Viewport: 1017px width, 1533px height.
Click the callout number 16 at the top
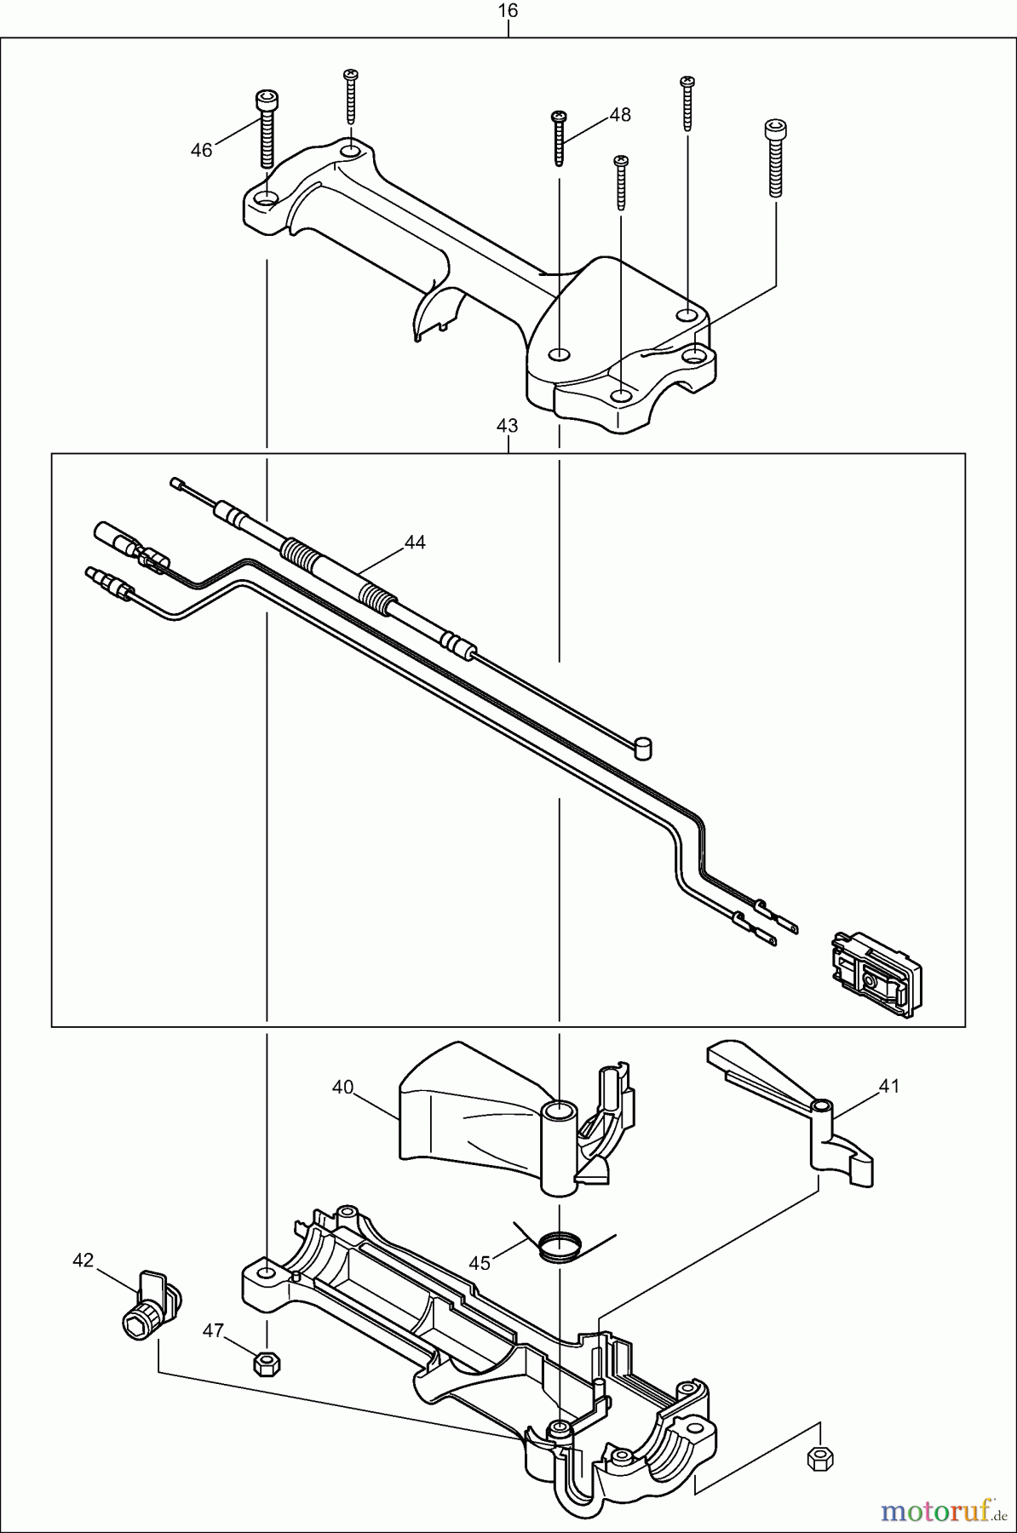pos(508,11)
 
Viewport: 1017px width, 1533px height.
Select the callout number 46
pos(201,151)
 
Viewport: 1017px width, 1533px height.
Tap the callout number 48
pos(620,115)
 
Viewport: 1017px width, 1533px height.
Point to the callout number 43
pos(507,424)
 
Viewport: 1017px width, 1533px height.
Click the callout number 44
pos(415,543)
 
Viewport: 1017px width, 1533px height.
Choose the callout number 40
pos(342,1088)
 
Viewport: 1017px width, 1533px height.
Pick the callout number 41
pos(889,1086)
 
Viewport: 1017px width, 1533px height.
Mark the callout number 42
pos(83,1260)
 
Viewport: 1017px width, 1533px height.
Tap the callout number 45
pos(480,1263)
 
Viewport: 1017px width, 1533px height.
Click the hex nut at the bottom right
pos(819,1459)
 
